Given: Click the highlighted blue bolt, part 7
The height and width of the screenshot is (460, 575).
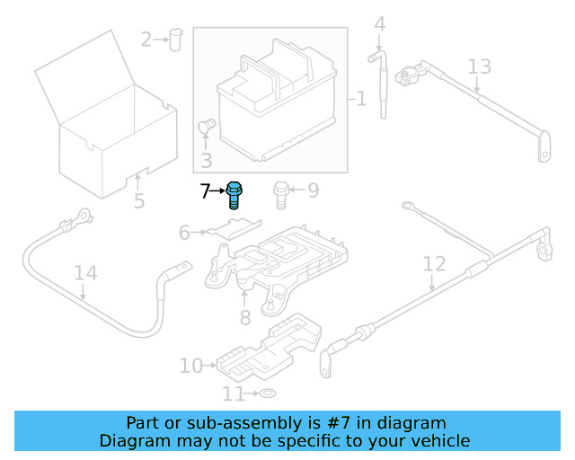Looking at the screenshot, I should [x=235, y=194].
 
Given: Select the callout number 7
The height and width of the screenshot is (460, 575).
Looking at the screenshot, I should [x=205, y=190].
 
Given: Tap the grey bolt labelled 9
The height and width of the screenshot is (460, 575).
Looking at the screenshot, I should [x=280, y=194].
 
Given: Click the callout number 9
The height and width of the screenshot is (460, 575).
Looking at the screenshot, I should [x=313, y=190].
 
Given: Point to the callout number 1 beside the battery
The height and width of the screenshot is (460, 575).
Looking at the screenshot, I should [x=361, y=98].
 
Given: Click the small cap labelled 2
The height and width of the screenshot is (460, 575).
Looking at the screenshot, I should [x=175, y=38].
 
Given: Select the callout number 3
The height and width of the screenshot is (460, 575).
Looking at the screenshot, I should [x=206, y=161].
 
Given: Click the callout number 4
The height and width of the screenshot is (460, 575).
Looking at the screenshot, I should [x=379, y=24].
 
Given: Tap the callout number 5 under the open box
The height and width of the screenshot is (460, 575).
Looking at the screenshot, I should [x=139, y=200].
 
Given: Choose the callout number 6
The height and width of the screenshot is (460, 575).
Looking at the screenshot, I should [x=184, y=233].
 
